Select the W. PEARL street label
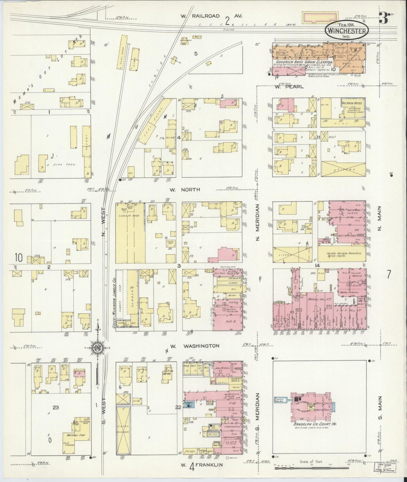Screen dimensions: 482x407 [289, 87]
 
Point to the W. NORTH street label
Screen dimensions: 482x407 [185, 190]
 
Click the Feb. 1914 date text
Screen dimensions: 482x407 [347, 24]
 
